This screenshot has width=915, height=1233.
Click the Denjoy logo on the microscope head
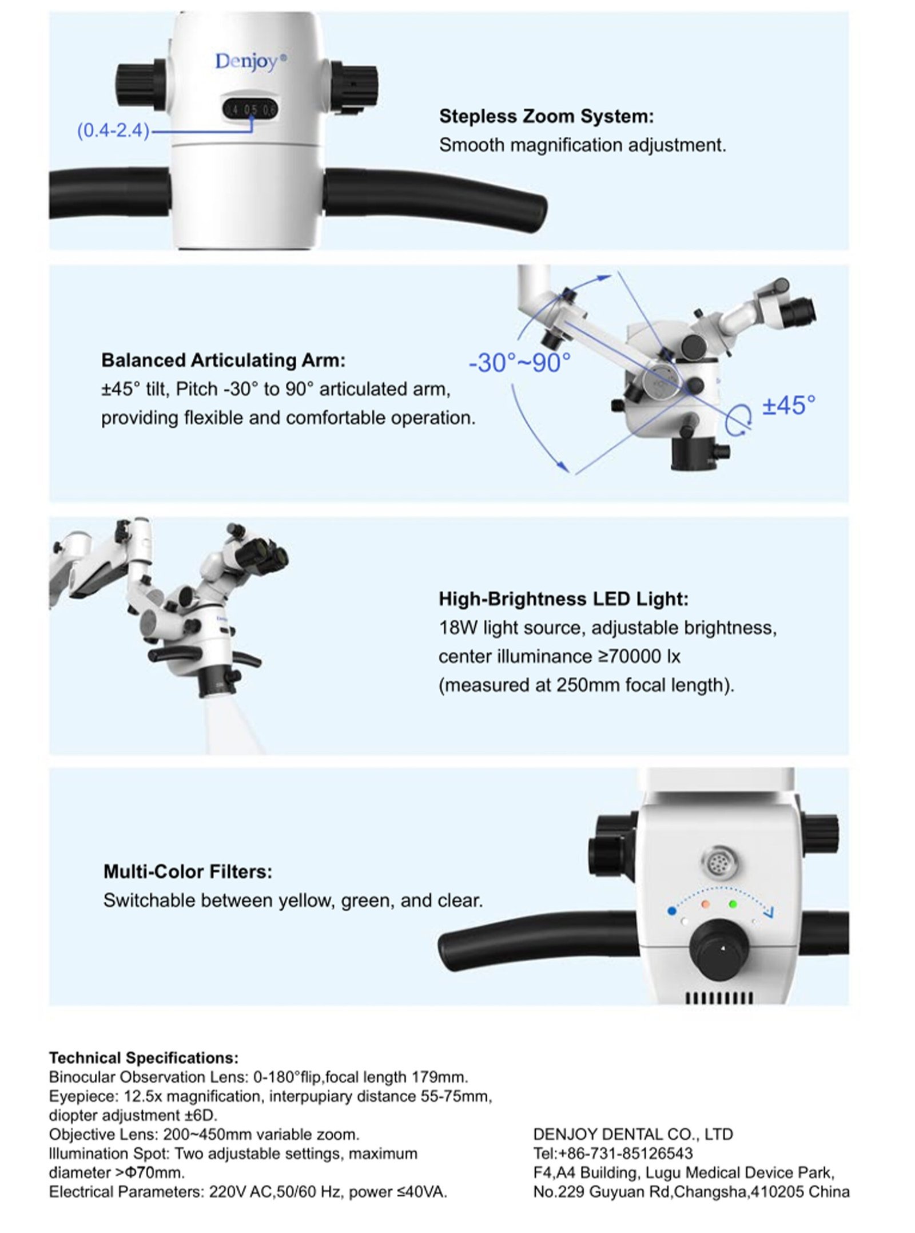pyautogui.click(x=250, y=61)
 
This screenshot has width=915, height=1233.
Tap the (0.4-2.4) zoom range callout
pyautogui.click(x=113, y=131)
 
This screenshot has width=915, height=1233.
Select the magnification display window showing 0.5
pyautogui.click(x=250, y=109)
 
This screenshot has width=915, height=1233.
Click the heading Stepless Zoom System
pyautogui.click(x=546, y=116)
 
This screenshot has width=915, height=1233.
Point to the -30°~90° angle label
pyautogui.click(x=519, y=363)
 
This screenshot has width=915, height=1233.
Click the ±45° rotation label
pyautogui.click(x=789, y=405)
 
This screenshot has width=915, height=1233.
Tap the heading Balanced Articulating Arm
pyautogui.click(x=224, y=360)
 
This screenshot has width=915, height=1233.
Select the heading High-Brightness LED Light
pyautogui.click(x=563, y=599)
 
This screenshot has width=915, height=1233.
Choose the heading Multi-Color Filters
pyautogui.click(x=188, y=871)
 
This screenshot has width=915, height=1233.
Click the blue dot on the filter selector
pyautogui.click(x=672, y=910)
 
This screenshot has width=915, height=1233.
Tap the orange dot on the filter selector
pyautogui.click(x=705, y=905)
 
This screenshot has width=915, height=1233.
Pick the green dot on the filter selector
pyautogui.click(x=733, y=905)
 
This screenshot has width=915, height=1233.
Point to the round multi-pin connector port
pyautogui.click(x=718, y=863)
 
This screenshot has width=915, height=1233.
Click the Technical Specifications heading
pyautogui.click(x=144, y=1058)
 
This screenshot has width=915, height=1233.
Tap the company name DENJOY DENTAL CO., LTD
pyautogui.click(x=633, y=1134)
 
